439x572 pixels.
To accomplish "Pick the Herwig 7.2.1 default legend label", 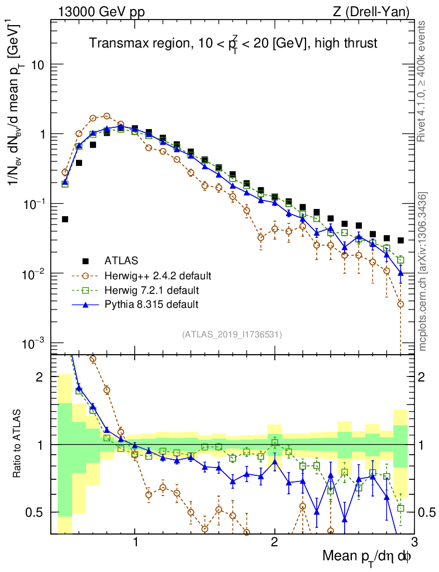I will click(151, 290).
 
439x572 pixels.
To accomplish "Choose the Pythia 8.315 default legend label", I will click(151, 304).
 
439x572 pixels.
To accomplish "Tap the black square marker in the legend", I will click(85, 260).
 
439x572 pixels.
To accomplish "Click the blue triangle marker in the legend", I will click(85, 304).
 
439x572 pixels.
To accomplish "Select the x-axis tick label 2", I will click(274, 541).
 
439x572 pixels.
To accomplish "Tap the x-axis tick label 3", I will click(413, 541).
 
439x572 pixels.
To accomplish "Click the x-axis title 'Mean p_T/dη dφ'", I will click(368, 557).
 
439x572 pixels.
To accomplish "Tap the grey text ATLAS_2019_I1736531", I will click(231, 335).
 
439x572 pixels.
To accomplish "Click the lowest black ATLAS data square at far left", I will click(65, 219).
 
